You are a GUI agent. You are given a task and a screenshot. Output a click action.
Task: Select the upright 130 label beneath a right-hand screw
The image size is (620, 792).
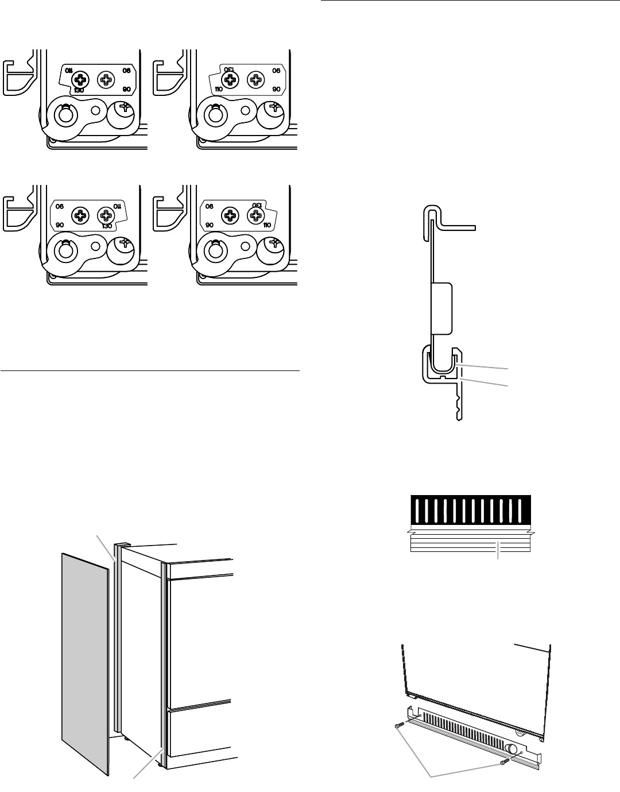pyautogui.click(x=104, y=226)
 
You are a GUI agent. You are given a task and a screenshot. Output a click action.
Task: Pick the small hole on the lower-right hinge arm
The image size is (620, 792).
pyautogui.click(x=246, y=246)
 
